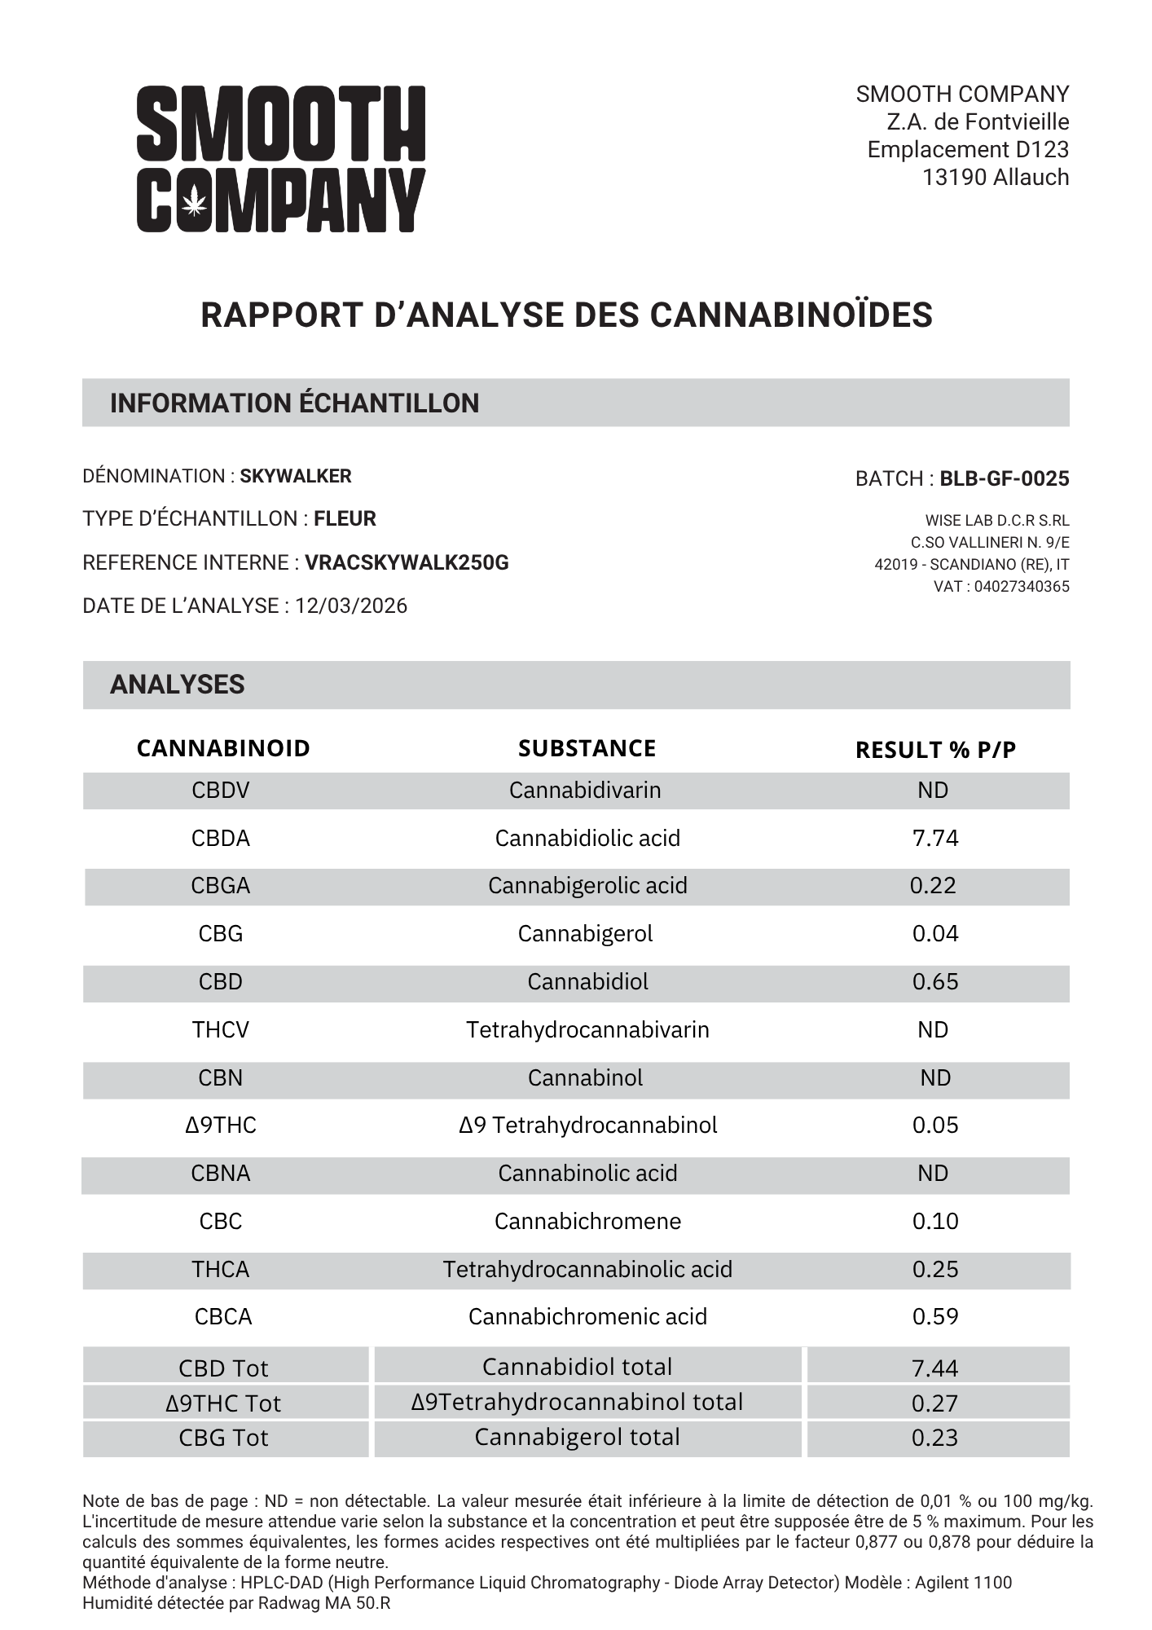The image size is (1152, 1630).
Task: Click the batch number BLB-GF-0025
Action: [x=1004, y=478]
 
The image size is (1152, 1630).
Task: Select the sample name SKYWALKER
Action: [x=296, y=476]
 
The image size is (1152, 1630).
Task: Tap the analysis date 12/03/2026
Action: [x=351, y=606]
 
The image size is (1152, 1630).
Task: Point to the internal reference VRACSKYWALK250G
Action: [x=407, y=562]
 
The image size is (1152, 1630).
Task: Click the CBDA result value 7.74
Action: [x=935, y=838]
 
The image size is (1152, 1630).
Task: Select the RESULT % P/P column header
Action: [x=935, y=750]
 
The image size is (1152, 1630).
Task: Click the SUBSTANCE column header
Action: [x=587, y=748]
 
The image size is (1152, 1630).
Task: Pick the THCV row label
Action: [x=221, y=1029]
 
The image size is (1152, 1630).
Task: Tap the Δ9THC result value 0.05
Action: [x=935, y=1125]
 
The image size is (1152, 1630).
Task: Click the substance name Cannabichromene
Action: [x=587, y=1221]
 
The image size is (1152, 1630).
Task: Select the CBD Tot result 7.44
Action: [x=935, y=1368]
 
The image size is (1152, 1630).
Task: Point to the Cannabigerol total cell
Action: [x=577, y=1436]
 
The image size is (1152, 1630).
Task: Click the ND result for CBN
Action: [x=935, y=1077]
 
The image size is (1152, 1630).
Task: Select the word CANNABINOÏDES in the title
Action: [x=790, y=315]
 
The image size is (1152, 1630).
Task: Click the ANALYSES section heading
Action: [x=177, y=685]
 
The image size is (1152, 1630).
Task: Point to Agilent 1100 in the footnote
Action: [x=963, y=1583]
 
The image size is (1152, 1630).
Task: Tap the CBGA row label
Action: [x=221, y=885]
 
